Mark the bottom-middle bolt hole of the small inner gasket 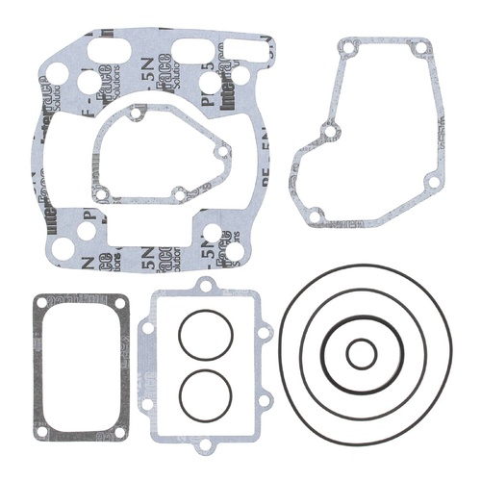[179, 195]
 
